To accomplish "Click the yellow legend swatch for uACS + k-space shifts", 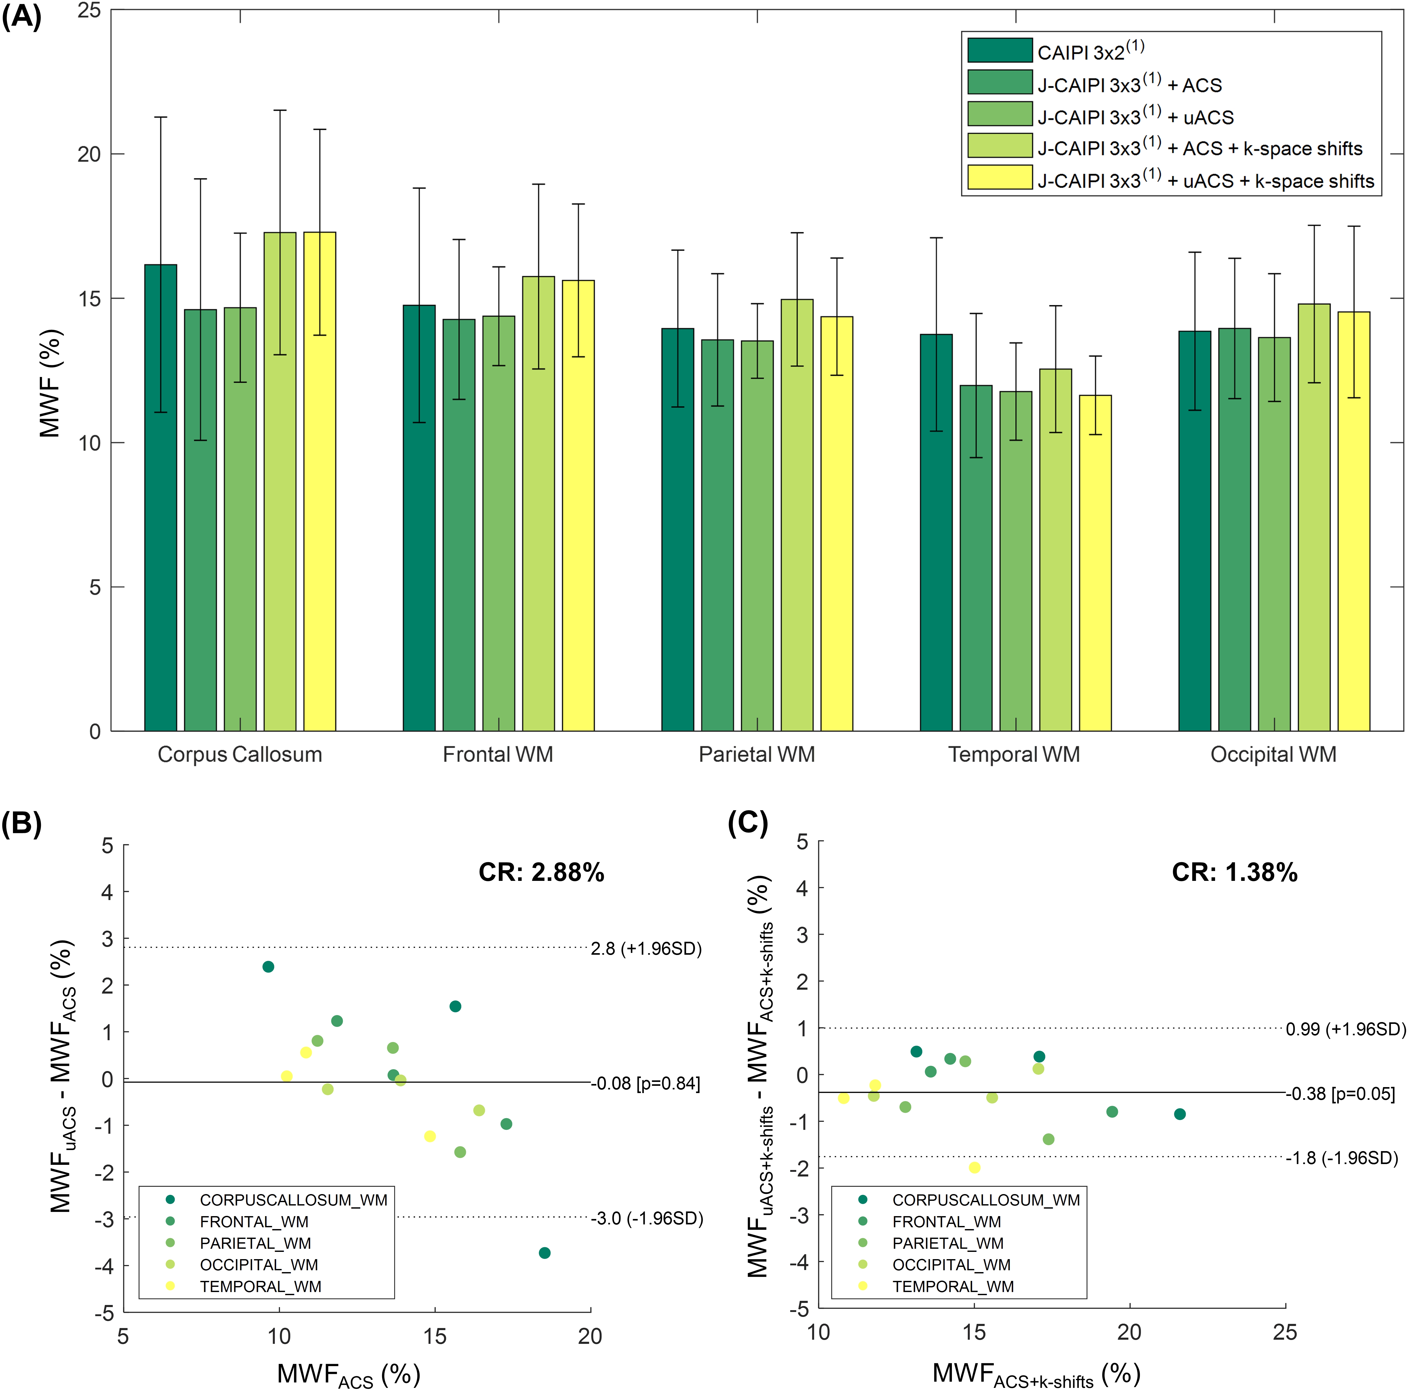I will (999, 177).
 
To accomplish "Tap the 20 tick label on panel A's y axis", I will (89, 154).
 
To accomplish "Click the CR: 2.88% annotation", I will (541, 872).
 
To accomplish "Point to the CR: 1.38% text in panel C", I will (1234, 872).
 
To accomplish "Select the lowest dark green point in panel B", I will (544, 1253).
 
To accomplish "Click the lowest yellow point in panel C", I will (974, 1167).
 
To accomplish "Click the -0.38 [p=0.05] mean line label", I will (1340, 1094).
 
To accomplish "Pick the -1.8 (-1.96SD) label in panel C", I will (1342, 1158).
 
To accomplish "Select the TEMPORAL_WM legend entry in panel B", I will (260, 1287).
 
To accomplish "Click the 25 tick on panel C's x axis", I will (1285, 1332).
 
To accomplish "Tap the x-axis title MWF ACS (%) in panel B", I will (348, 1374).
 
